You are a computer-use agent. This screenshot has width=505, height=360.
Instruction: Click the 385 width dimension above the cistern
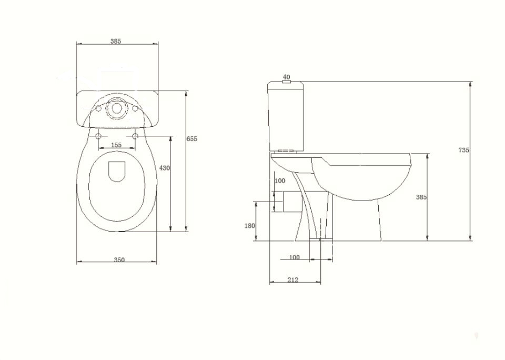(x=116, y=41)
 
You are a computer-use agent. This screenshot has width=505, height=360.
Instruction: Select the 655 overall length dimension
(x=192, y=138)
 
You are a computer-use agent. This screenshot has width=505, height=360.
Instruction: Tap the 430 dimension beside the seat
(x=165, y=168)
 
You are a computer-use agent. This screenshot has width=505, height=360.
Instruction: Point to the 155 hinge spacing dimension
(x=116, y=145)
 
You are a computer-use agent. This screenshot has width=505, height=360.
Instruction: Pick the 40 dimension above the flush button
(x=286, y=76)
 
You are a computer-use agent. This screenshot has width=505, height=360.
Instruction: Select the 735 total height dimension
(x=463, y=150)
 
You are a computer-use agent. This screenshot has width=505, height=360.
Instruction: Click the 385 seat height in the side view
(x=421, y=197)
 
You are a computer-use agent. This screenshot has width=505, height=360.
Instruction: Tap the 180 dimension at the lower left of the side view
(x=250, y=226)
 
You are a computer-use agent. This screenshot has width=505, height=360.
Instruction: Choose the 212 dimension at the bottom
(x=293, y=279)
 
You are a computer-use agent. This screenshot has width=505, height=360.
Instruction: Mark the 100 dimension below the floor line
(x=295, y=257)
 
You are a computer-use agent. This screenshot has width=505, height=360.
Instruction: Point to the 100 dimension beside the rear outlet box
(x=280, y=181)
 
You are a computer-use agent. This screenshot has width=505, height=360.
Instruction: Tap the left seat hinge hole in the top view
(x=98, y=136)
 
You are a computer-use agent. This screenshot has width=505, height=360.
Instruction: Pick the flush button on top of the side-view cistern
(x=286, y=82)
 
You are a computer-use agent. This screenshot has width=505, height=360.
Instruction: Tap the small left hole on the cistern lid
(x=98, y=109)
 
